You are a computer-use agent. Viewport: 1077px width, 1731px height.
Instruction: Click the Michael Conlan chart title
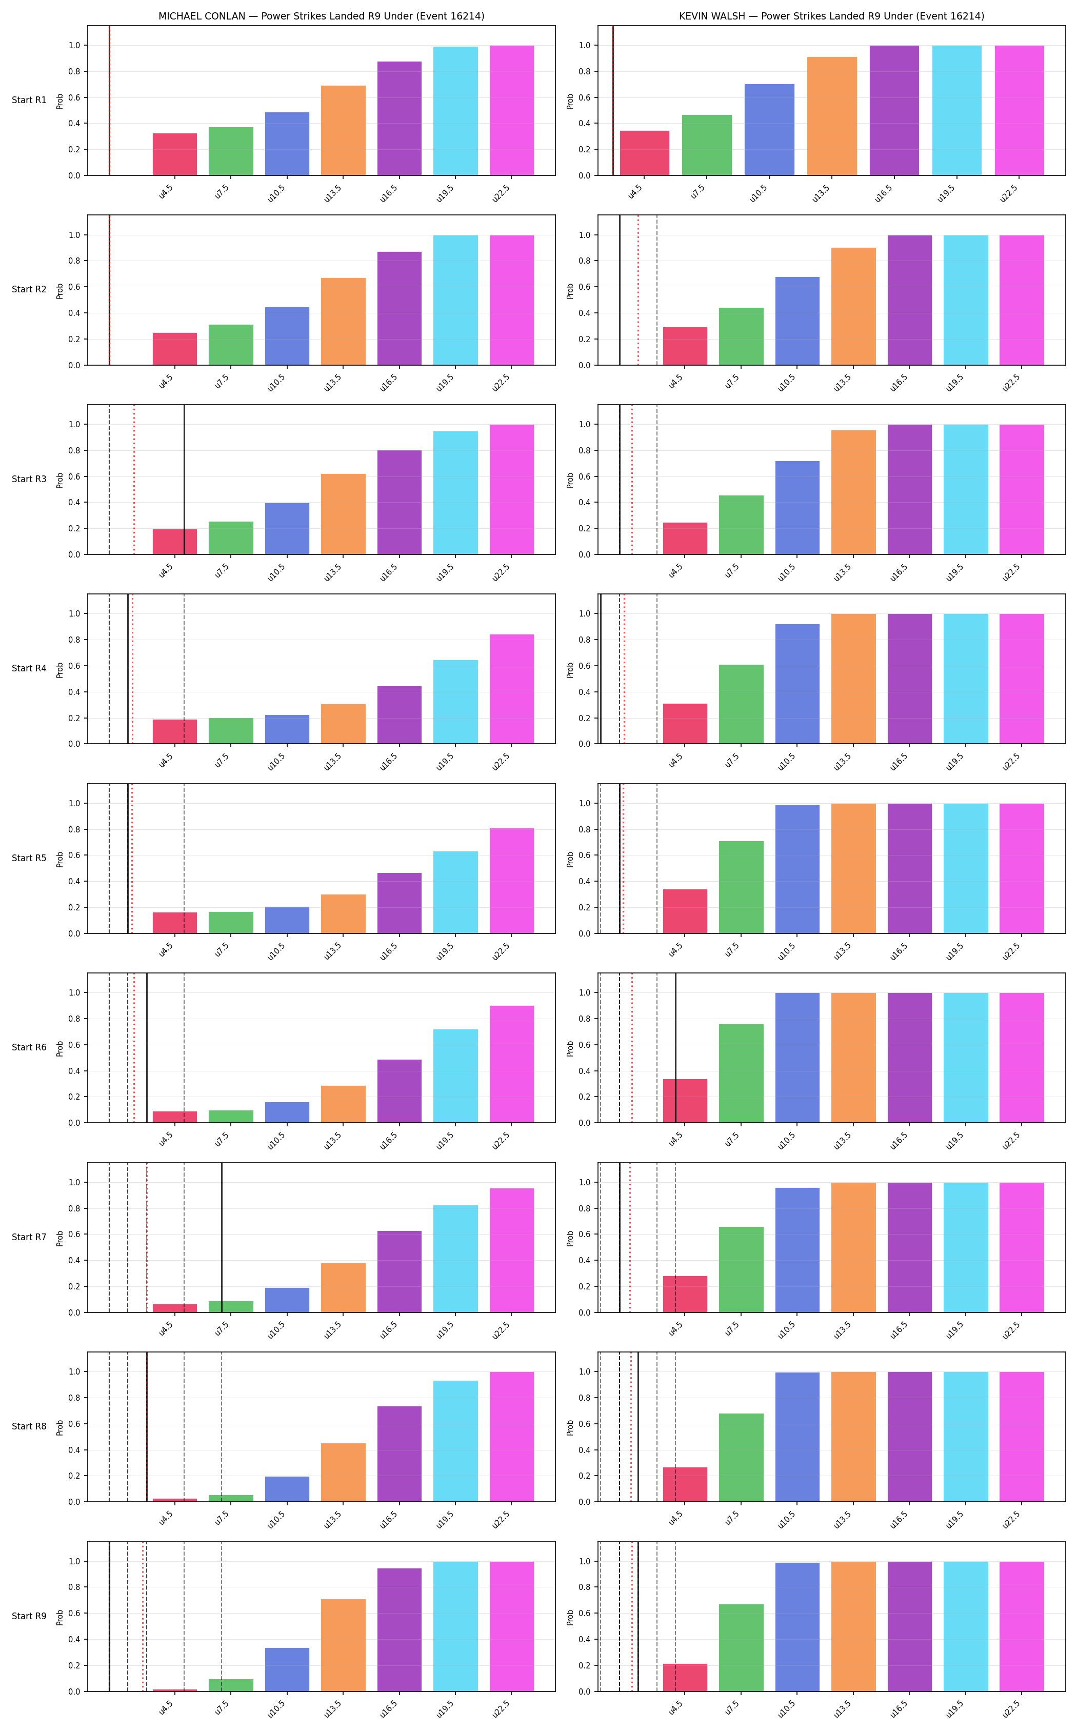click(x=321, y=16)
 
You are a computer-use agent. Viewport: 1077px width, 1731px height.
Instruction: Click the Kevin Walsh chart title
click(x=831, y=16)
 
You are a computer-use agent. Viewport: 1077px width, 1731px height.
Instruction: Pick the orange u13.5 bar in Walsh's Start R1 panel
click(x=832, y=116)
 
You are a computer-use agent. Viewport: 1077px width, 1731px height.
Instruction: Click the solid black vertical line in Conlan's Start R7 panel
click(x=222, y=1237)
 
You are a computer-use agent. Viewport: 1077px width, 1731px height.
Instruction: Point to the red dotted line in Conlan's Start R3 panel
click(x=134, y=480)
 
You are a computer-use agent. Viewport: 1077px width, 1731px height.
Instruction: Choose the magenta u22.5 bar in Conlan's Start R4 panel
click(x=511, y=689)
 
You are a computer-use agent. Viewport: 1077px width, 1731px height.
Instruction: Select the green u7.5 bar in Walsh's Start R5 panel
click(x=741, y=887)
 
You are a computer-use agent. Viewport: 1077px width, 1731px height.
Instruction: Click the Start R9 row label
click(x=29, y=1616)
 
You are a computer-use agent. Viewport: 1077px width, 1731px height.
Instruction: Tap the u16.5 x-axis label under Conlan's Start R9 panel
click(x=389, y=1709)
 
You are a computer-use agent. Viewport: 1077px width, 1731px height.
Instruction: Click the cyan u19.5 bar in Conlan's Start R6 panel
click(x=455, y=1076)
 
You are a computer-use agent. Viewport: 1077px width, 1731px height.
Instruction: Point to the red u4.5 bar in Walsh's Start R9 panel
click(x=685, y=1678)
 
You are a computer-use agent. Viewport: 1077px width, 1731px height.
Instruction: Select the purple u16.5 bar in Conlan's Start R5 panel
click(x=400, y=903)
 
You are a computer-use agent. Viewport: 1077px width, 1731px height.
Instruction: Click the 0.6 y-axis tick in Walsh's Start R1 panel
click(x=584, y=97)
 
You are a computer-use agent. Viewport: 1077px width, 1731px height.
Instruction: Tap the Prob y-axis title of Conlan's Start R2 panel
click(x=60, y=291)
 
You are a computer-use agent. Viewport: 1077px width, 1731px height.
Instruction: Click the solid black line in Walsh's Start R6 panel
click(x=675, y=1048)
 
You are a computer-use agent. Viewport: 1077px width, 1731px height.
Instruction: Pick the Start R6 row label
click(x=29, y=1048)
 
